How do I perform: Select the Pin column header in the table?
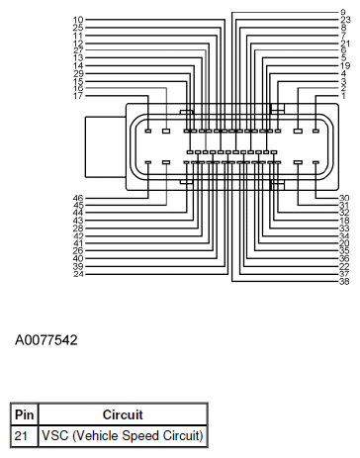(23, 414)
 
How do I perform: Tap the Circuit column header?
(122, 414)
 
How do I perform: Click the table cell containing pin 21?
(23, 434)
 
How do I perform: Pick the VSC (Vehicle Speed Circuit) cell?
(122, 434)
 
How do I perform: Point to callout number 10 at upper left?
(78, 20)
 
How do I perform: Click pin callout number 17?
(78, 95)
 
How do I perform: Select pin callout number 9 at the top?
(343, 12)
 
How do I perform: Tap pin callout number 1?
(343, 95)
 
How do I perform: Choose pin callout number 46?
(78, 199)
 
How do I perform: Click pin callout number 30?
(344, 199)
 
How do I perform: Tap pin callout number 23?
(344, 20)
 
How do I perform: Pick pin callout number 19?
(344, 64)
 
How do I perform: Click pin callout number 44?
(78, 214)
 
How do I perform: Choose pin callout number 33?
(344, 229)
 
